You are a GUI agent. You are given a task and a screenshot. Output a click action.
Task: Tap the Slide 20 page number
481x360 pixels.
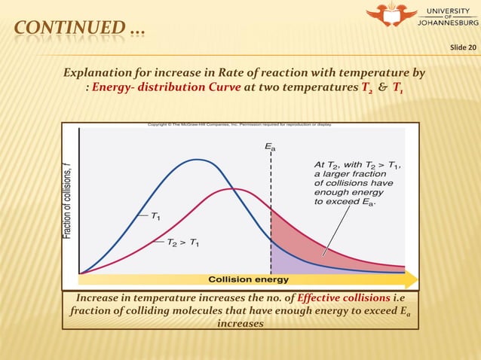pyautogui.click(x=463, y=49)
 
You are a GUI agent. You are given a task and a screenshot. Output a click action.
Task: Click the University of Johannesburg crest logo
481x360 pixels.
pyautogui.click(x=391, y=16)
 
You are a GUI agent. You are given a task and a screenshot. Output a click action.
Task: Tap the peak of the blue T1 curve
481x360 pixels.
pyautogui.click(x=198, y=160)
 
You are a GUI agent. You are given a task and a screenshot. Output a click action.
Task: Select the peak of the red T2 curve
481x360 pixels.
pyautogui.click(x=234, y=189)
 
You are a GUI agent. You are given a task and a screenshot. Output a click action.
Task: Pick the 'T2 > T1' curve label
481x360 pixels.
pyautogui.click(x=183, y=243)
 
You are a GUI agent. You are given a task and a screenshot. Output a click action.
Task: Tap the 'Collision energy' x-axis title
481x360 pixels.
pyautogui.click(x=248, y=279)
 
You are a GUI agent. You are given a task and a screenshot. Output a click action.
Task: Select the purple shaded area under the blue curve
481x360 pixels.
pyautogui.click(x=283, y=260)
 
